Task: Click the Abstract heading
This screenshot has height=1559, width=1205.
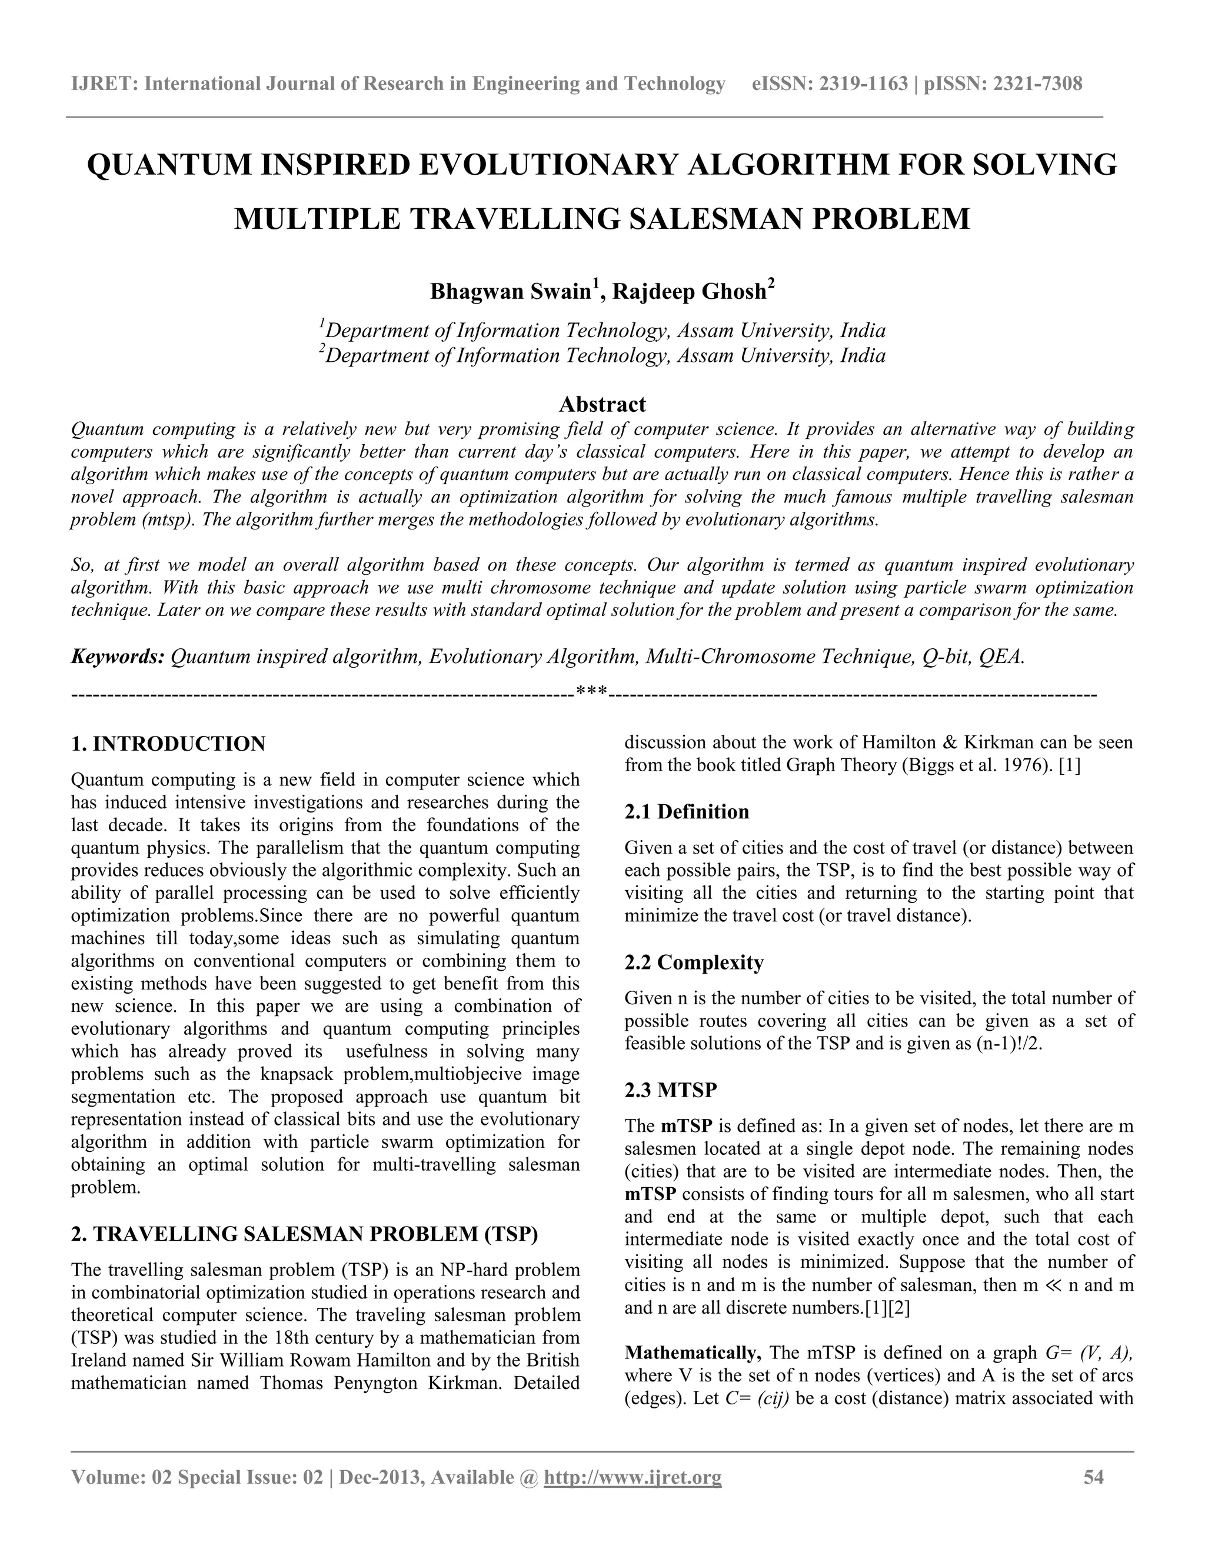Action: click(x=602, y=404)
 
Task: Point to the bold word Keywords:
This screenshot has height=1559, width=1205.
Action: click(x=118, y=656)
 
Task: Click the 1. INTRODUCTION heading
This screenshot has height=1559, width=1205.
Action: click(x=168, y=744)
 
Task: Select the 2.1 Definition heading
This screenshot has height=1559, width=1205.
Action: click(x=686, y=812)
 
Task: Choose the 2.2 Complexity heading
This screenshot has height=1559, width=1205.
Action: click(x=693, y=962)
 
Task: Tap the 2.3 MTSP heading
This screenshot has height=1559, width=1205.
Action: click(x=670, y=1090)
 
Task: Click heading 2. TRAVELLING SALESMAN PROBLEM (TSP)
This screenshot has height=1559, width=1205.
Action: click(x=304, y=1234)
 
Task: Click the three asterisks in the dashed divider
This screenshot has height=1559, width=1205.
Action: click(x=591, y=692)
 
